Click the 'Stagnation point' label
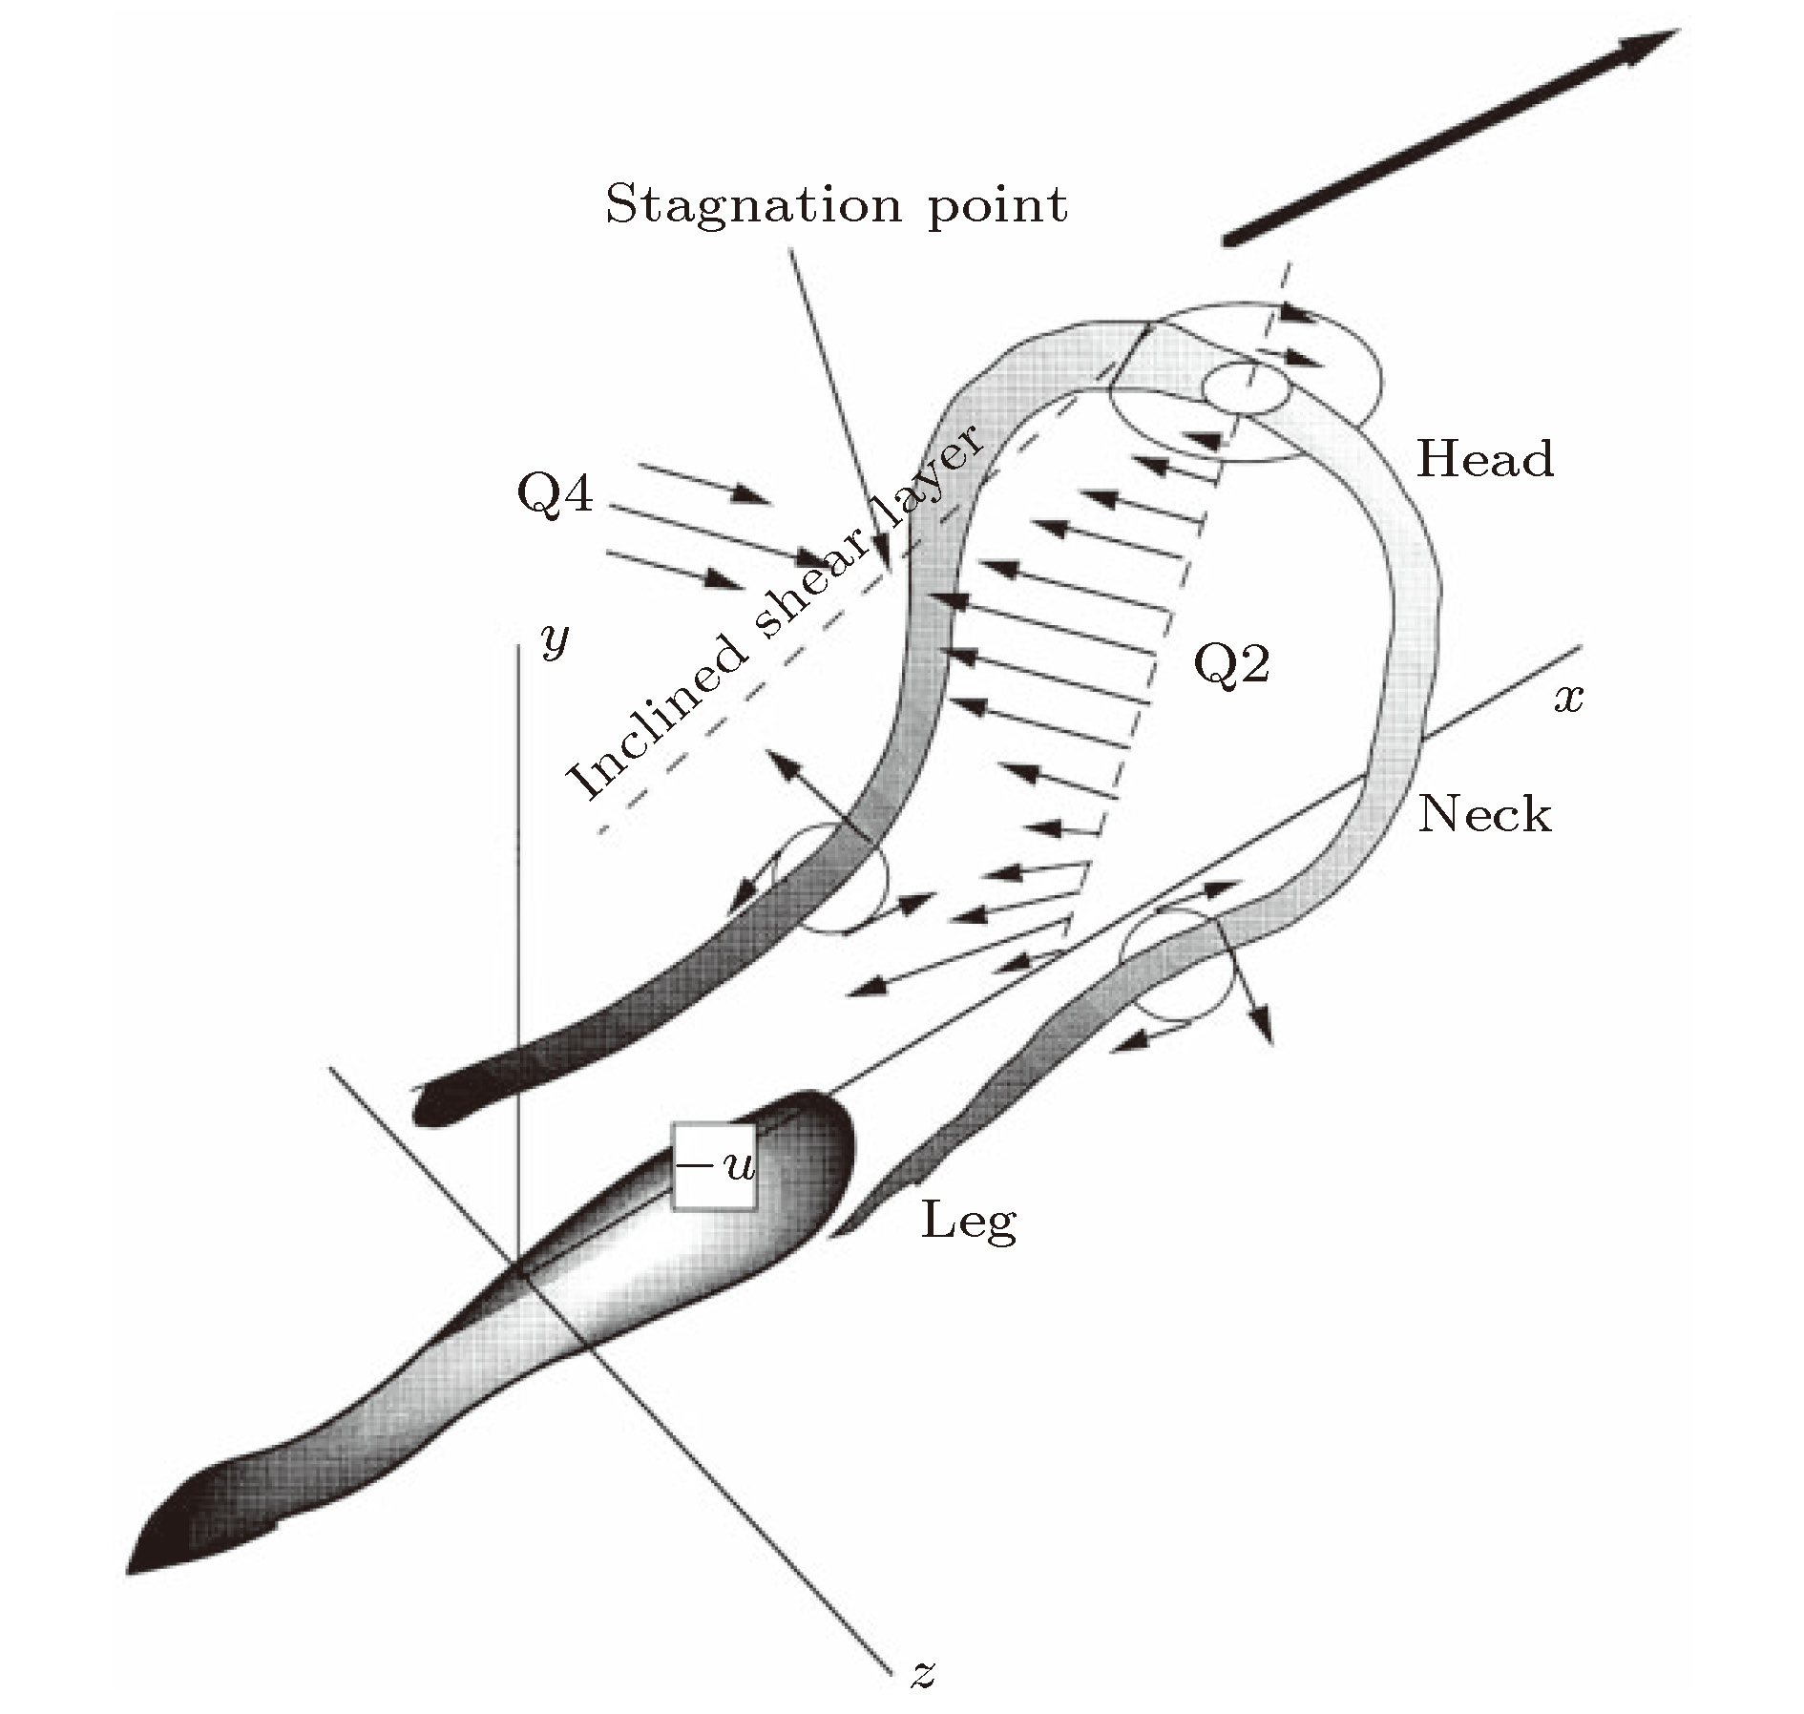pos(836,205)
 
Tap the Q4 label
pos(555,494)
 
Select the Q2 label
pos(1232,664)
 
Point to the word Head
pos(1484,459)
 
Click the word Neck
pos(1484,814)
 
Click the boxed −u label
pos(714,1166)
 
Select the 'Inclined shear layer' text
pos(773,611)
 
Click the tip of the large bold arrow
pos(1675,33)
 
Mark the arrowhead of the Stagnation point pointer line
pos(885,567)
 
